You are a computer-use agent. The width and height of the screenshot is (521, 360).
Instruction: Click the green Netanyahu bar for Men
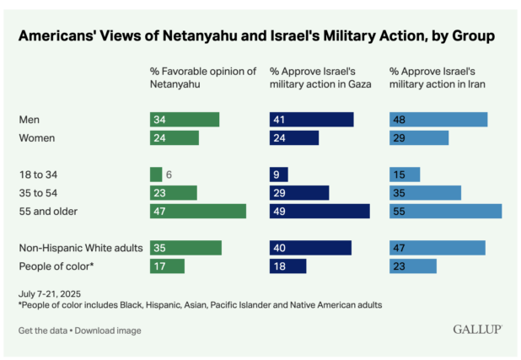(185, 120)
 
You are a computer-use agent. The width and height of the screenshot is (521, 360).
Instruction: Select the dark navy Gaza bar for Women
(294, 137)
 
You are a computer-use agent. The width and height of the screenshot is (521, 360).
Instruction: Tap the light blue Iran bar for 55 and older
(445, 211)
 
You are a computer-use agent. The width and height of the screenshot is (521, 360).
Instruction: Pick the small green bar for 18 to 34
(156, 175)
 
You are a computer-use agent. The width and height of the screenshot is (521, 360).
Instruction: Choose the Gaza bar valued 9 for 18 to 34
(279, 175)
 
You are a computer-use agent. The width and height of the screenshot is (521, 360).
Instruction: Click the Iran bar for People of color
(413, 266)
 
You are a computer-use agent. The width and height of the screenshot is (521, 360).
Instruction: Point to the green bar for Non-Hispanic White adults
(185, 248)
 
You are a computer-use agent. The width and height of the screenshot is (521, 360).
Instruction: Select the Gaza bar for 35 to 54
(299, 193)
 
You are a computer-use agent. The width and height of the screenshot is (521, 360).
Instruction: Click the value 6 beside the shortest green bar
(169, 175)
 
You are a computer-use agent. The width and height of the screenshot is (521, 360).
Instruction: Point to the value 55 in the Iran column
(399, 211)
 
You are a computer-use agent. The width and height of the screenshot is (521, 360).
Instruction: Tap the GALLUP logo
(477, 329)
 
